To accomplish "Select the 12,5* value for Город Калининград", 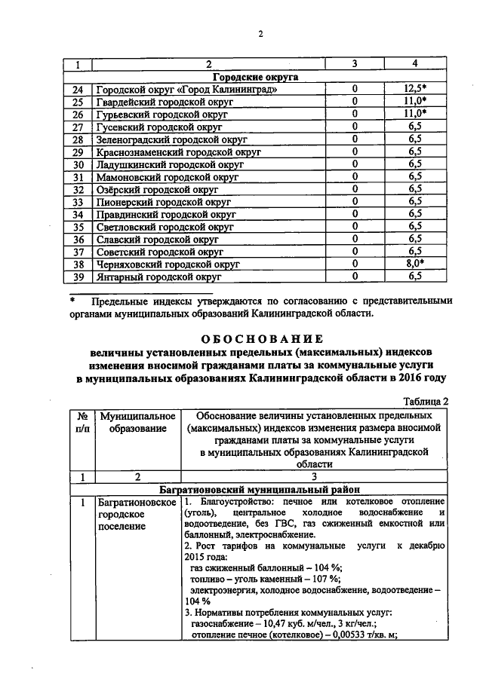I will point(414,90).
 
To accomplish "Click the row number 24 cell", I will point(77,90).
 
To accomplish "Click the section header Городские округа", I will point(254,77).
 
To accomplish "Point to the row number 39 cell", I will point(77,277).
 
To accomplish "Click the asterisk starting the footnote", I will point(72,301).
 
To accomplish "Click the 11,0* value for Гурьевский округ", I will point(414,115).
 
